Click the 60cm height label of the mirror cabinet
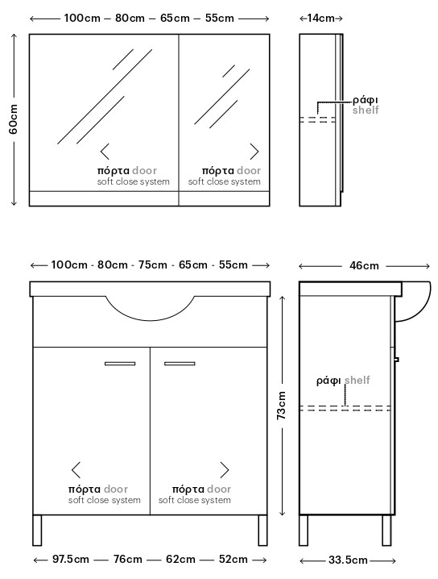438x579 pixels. (x=13, y=119)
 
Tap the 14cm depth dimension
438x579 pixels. (x=320, y=18)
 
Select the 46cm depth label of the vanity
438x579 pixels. (x=364, y=265)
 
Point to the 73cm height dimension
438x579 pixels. (x=281, y=405)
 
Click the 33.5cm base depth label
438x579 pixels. (x=348, y=560)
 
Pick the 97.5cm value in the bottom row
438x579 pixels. (x=70, y=559)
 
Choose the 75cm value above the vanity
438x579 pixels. (x=153, y=265)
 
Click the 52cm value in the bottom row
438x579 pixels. (x=233, y=559)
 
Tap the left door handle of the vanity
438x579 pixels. (x=120, y=364)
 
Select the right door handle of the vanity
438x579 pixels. (x=180, y=364)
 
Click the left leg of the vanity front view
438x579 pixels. (x=37, y=531)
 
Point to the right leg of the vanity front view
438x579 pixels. (x=262, y=531)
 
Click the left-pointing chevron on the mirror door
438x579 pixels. (x=105, y=152)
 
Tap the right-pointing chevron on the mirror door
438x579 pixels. (x=254, y=152)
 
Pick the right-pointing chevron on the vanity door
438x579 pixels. (x=225, y=469)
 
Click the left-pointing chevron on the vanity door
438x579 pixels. (x=76, y=469)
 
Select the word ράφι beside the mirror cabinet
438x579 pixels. (x=365, y=100)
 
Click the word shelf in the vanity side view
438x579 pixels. (x=357, y=380)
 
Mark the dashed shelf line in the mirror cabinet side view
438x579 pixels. (x=317, y=119)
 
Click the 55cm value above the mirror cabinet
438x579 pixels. (x=219, y=18)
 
